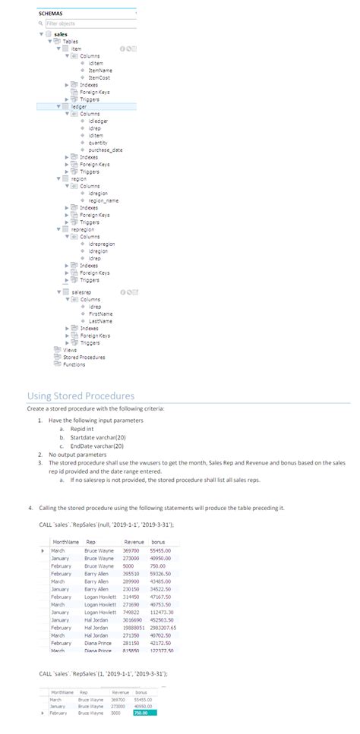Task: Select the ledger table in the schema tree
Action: [x=79, y=107]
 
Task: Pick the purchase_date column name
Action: [x=106, y=150]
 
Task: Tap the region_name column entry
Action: [x=105, y=200]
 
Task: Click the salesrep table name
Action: [x=81, y=291]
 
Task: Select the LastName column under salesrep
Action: [x=102, y=320]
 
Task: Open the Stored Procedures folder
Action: [x=84, y=357]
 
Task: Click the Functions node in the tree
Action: [x=74, y=364]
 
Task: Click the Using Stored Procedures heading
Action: [x=81, y=395]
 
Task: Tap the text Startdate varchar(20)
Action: [x=97, y=438]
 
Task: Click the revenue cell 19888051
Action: [x=134, y=628]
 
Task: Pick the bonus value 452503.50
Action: [x=164, y=620]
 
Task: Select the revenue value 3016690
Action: [x=134, y=620]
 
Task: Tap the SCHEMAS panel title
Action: [x=50, y=14]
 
